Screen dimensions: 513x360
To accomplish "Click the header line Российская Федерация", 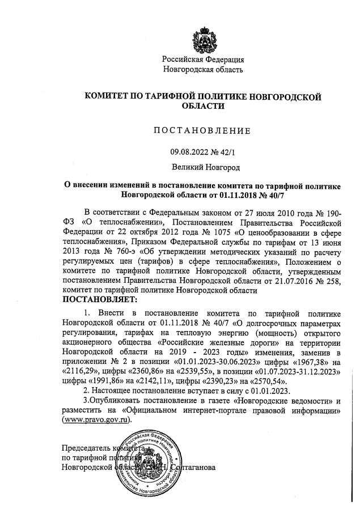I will pos(203,60).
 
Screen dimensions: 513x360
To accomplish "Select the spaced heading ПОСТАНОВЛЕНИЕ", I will pos(203,131).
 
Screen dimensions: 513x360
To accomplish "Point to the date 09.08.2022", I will pos(189,152).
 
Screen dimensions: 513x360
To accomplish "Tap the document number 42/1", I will pos(227,152).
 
